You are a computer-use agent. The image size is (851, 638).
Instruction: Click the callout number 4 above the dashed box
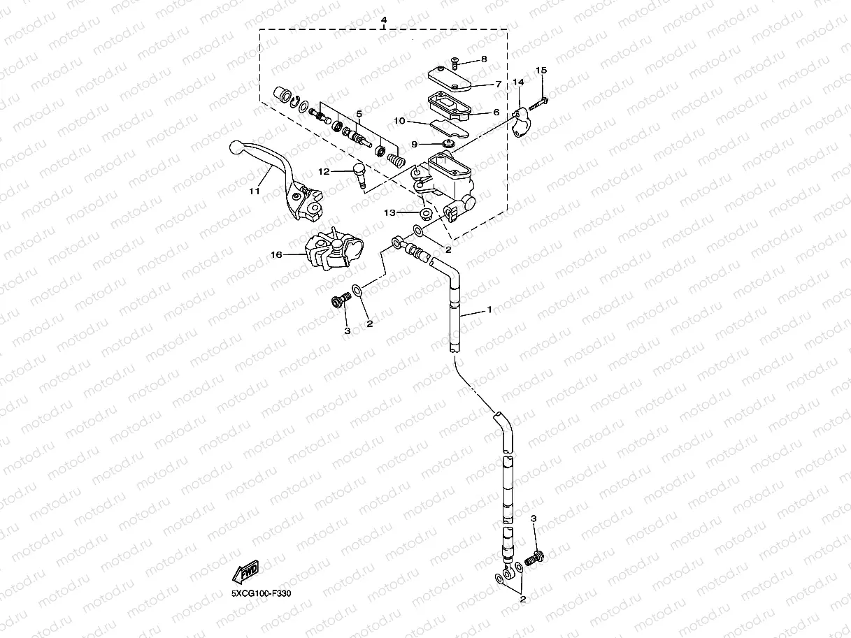384,20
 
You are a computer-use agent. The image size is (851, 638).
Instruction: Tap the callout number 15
541,71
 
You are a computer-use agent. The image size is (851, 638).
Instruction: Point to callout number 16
277,255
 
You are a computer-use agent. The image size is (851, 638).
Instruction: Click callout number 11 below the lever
254,190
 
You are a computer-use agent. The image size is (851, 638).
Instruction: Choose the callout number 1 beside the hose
489,309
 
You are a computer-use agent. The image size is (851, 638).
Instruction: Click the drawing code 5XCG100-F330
261,593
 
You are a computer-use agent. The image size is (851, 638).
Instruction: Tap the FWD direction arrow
247,573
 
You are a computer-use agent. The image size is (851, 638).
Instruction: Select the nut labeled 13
426,212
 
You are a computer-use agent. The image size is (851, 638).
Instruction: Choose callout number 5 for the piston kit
359,113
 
